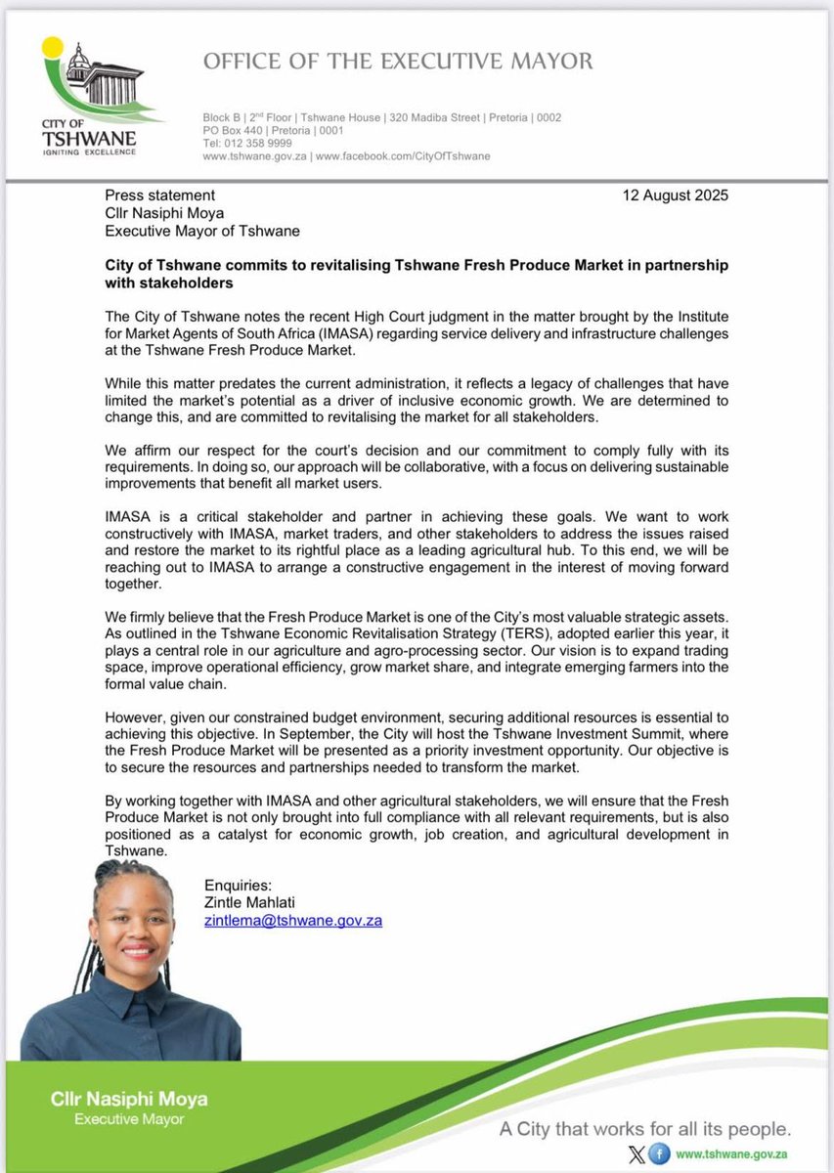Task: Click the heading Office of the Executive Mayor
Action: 397,62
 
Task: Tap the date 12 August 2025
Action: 675,195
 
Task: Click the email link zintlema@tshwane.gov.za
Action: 292,920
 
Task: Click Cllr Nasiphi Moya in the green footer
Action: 129,1100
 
